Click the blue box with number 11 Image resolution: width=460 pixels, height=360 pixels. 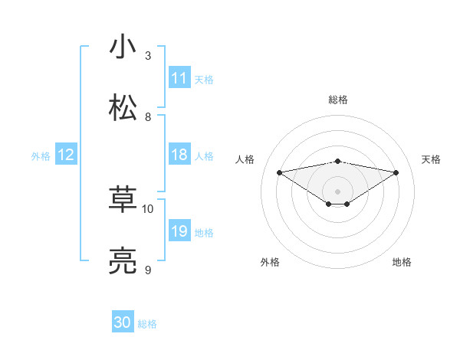[x=179, y=78]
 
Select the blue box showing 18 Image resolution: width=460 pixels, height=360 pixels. [x=179, y=155]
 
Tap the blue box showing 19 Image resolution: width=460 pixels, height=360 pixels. [x=179, y=231]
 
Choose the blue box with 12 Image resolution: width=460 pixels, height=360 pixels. [x=66, y=155]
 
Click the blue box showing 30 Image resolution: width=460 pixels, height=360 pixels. [x=123, y=322]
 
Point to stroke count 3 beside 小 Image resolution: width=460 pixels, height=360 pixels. [x=148, y=56]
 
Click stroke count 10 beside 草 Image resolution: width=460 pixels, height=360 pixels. [x=148, y=208]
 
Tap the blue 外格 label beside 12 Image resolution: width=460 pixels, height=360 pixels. [x=41, y=156]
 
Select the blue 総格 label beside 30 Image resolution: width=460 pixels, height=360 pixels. [x=147, y=324]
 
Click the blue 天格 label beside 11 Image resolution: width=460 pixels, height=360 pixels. [x=204, y=80]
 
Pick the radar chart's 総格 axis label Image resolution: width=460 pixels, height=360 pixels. [x=337, y=100]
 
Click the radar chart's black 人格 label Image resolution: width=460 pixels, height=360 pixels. [x=245, y=159]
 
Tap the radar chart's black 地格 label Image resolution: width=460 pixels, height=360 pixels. [x=402, y=262]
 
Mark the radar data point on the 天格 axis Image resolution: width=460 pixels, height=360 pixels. [x=396, y=172]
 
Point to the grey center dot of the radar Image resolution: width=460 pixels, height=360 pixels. [x=337, y=191]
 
